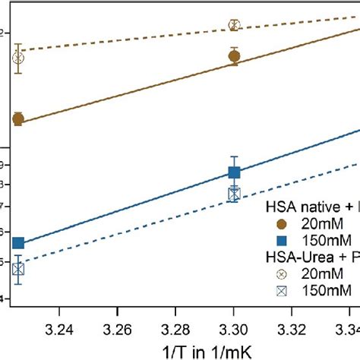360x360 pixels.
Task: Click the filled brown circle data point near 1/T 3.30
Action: click(x=234, y=56)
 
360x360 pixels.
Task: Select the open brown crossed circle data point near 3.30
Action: click(x=234, y=25)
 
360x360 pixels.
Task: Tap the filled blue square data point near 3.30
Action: click(x=234, y=172)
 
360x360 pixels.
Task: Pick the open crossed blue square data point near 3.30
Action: click(x=234, y=194)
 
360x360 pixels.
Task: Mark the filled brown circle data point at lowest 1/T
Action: click(x=18, y=119)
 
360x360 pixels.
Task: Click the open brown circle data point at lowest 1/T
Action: click(x=18, y=58)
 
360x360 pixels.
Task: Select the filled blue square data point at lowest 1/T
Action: click(x=18, y=243)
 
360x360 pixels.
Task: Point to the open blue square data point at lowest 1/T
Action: click(x=18, y=270)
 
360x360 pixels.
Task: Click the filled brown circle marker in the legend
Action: click(x=282, y=224)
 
